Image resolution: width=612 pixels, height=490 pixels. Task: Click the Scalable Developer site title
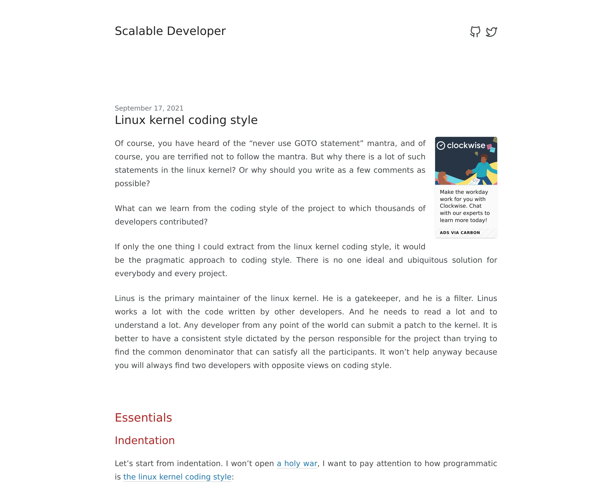[x=170, y=31]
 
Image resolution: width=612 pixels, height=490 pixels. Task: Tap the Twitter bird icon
[x=491, y=32]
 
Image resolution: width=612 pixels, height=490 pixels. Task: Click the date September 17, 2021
[x=149, y=108]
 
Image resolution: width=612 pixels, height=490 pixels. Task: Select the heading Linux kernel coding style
[x=186, y=120]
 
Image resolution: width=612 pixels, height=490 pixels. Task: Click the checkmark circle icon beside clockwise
[x=441, y=145]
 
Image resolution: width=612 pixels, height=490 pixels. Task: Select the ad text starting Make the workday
[x=464, y=206]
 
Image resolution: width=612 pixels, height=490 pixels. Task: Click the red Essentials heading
[x=143, y=418]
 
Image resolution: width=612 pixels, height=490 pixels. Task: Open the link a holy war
[x=297, y=464]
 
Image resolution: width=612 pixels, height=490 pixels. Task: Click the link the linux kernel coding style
[x=177, y=477]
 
